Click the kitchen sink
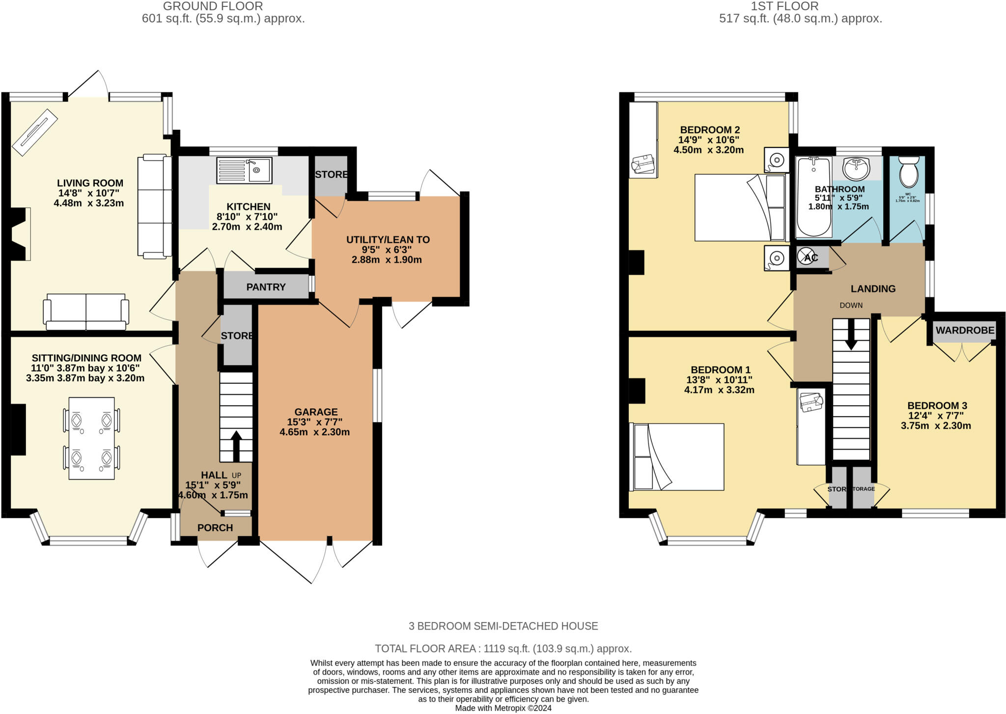pyautogui.click(x=244, y=171)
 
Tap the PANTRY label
pyautogui.click(x=266, y=287)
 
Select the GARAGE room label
pyautogui.click(x=316, y=412)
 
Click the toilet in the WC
pyautogui.click(x=908, y=172)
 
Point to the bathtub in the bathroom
pyautogui.click(x=814, y=197)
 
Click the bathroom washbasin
pyautogui.click(x=856, y=169)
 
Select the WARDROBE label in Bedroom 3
pyautogui.click(x=965, y=330)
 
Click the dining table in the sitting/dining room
pyautogui.click(x=92, y=438)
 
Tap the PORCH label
pyautogui.click(x=215, y=528)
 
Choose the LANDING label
pyautogui.click(x=873, y=289)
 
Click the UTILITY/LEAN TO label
pyautogui.click(x=388, y=240)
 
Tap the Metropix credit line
pyautogui.click(x=503, y=708)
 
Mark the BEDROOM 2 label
pyautogui.click(x=709, y=130)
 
